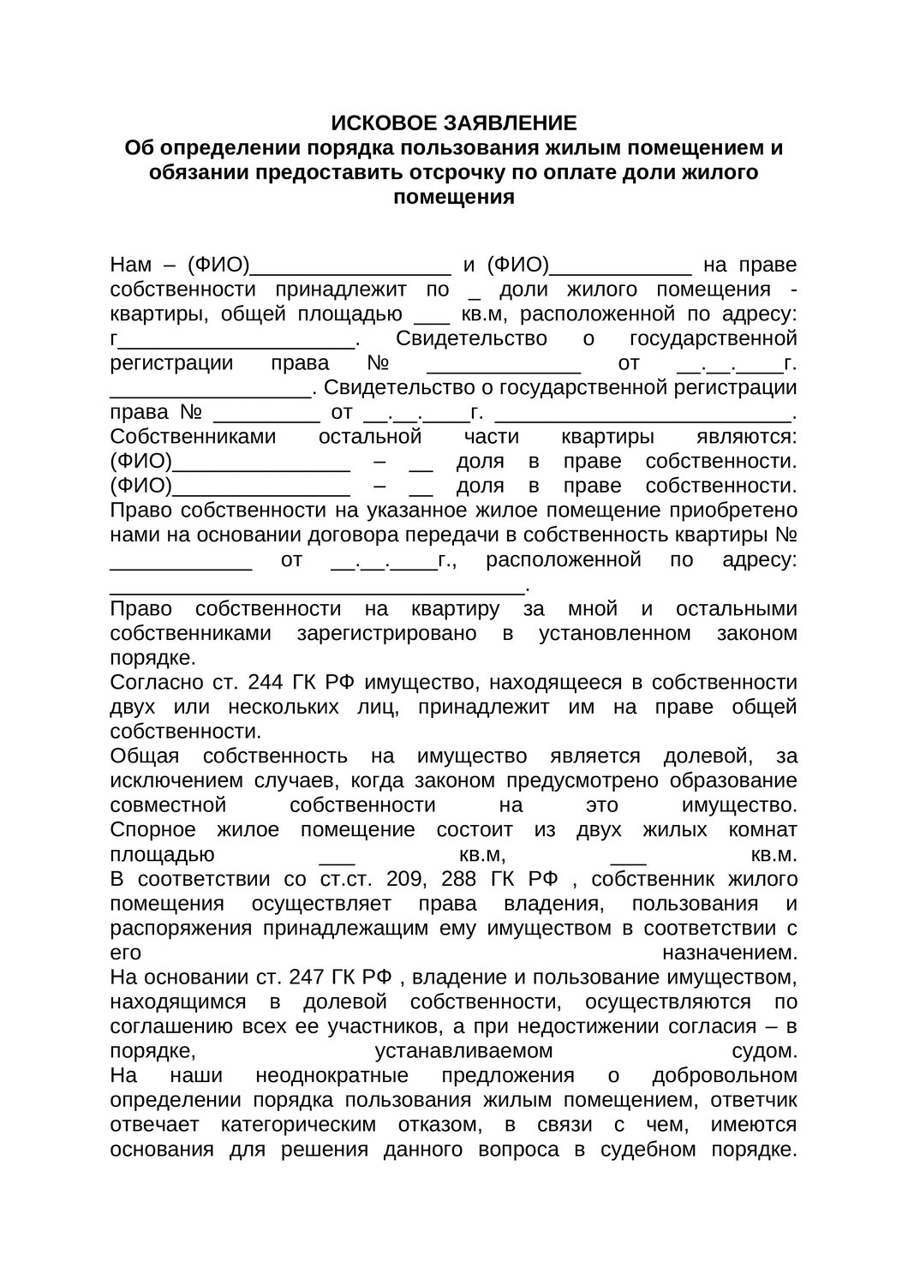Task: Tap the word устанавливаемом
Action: coord(463,1050)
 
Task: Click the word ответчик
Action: coord(756,1099)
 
